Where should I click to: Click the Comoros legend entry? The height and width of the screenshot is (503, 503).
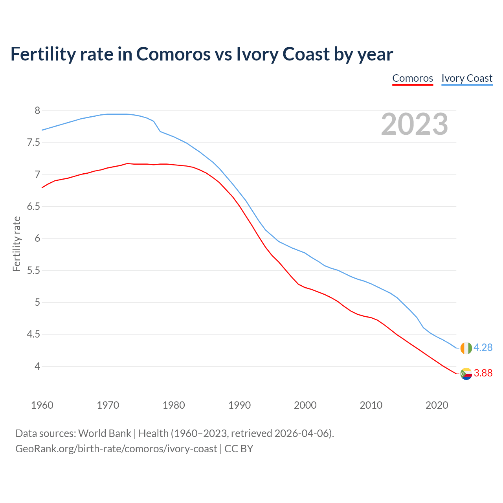(x=413, y=78)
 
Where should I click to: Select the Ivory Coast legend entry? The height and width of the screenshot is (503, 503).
(x=467, y=78)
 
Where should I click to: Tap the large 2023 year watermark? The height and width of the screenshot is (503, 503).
(x=415, y=124)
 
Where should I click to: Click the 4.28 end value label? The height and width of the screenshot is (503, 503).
(x=483, y=348)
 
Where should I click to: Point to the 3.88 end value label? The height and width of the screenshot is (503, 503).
(x=483, y=373)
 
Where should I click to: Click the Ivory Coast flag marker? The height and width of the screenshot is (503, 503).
(x=466, y=348)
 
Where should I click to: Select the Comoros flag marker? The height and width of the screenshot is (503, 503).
(x=466, y=374)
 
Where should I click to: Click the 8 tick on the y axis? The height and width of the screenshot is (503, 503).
(x=37, y=110)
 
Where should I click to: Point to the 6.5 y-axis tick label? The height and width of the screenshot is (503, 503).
(x=34, y=206)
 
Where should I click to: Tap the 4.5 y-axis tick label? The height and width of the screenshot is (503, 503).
(x=34, y=334)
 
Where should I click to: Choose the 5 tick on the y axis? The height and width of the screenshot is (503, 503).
(x=37, y=303)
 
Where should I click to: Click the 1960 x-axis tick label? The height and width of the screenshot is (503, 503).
(x=42, y=405)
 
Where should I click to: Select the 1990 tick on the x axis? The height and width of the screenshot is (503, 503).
(x=239, y=405)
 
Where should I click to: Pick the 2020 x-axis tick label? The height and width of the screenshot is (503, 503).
(x=437, y=405)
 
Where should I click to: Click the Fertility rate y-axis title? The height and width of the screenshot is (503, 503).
(x=17, y=244)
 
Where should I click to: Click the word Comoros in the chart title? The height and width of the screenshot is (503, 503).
(x=173, y=54)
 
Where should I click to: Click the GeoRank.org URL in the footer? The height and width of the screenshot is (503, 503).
(x=116, y=449)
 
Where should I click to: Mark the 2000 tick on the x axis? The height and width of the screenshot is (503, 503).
(x=305, y=405)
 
